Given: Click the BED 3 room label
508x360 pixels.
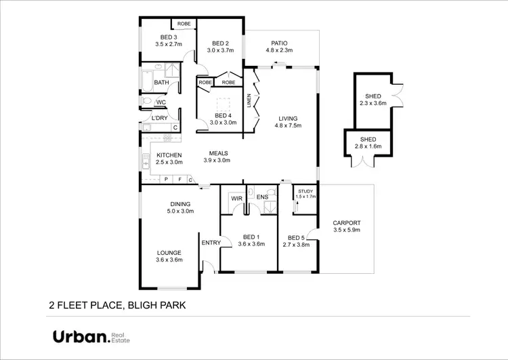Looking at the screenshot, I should point(169,37).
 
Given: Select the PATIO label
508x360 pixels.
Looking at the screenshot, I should point(280,41).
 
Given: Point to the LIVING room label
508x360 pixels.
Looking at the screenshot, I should point(286,119).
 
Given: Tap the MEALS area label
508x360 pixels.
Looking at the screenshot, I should point(217,153).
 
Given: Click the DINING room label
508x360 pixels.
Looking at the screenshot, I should point(180,204).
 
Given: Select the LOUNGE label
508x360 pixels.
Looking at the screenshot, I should point(169,253).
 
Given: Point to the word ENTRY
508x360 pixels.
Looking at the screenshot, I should point(211,243).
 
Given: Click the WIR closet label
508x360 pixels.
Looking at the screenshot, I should point(236,198).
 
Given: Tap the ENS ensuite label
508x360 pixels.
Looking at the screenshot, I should point(263,197).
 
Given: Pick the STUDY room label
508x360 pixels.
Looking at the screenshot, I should point(306,192).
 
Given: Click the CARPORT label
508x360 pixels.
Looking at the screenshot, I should point(346,223).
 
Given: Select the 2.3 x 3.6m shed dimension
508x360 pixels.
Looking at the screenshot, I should point(373,104).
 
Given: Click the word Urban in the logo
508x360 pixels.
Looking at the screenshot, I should point(81,337).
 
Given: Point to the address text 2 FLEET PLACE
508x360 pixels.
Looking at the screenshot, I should point(85,305).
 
